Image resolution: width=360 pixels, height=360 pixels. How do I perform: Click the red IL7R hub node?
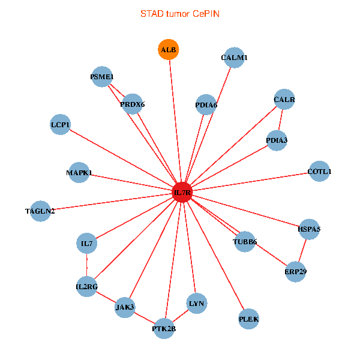pos(182,193)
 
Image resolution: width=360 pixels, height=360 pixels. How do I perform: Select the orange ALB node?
pos(169,49)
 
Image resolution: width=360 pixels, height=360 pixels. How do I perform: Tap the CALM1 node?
pos(234,58)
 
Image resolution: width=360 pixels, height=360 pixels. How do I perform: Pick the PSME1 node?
pos(102,76)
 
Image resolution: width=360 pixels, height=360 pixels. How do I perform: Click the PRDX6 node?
pos(132,104)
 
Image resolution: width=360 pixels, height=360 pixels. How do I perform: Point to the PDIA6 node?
pos(206,105)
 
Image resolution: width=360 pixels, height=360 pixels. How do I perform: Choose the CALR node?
pos(284,99)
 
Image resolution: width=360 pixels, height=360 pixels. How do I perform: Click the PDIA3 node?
pos(277,140)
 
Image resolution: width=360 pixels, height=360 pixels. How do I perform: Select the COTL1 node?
pos(319,172)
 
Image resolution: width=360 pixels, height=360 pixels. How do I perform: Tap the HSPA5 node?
pos(309,229)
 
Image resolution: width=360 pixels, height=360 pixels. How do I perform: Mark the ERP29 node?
pos(295,271)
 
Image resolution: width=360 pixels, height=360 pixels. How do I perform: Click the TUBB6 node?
pos(245,242)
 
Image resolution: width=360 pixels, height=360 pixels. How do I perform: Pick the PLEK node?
pos(248,319)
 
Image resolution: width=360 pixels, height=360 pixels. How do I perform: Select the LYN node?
pos(197,304)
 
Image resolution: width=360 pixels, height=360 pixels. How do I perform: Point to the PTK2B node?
pos(164,328)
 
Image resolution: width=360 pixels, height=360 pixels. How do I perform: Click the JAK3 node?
pos(125,307)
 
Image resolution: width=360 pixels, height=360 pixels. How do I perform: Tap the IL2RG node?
pos(86,287)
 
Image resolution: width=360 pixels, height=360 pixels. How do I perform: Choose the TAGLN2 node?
pos(40,211)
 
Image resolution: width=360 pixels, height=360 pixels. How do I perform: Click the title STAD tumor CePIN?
pos(179,13)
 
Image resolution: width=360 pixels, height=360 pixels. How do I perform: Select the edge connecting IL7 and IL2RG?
pos(86,265)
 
